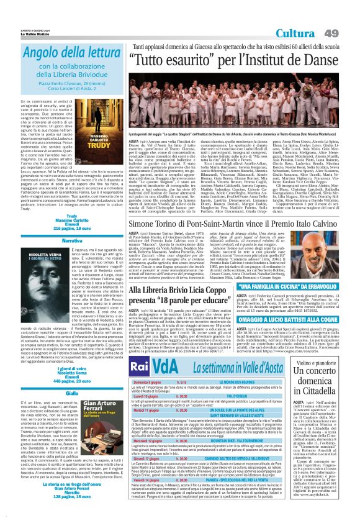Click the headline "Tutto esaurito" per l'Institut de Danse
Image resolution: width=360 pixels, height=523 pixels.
(227, 61)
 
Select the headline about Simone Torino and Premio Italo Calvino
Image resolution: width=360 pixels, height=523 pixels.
(227, 224)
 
